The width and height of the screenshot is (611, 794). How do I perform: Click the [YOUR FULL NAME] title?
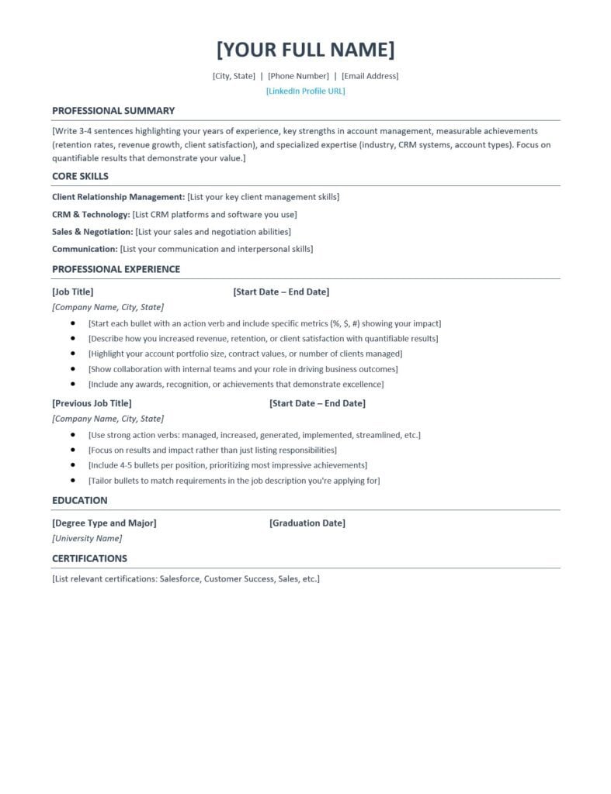coord(305,50)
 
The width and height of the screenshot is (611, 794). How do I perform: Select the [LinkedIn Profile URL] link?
coord(305,91)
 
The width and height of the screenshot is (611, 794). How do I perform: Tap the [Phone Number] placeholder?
coord(299,76)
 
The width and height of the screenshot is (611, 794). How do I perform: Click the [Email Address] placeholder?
coord(370,76)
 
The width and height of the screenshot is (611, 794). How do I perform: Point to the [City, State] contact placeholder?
coord(234,76)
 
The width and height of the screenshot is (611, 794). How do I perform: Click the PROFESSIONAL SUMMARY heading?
coord(113,111)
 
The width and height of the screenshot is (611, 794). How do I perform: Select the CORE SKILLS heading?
coord(80,176)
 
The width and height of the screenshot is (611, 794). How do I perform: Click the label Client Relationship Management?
coord(118,197)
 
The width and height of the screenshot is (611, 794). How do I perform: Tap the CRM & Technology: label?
coord(90,215)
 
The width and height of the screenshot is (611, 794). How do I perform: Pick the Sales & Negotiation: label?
coord(92,232)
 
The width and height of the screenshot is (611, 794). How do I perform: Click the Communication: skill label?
coord(85,249)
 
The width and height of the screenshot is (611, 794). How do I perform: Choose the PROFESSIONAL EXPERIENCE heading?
coord(116,269)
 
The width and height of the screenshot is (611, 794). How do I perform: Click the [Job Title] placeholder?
coord(72,292)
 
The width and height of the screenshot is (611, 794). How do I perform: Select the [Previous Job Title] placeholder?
coord(92,403)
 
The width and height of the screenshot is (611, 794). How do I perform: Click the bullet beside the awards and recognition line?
coord(73,384)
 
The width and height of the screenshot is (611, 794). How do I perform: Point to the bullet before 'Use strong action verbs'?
coord(73,435)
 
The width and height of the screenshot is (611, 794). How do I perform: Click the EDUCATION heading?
coord(80,500)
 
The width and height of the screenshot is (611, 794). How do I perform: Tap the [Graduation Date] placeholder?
coord(307,523)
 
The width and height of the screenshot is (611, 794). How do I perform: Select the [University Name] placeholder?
coord(87,538)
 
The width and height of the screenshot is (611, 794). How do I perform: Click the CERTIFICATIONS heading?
coord(89,558)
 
